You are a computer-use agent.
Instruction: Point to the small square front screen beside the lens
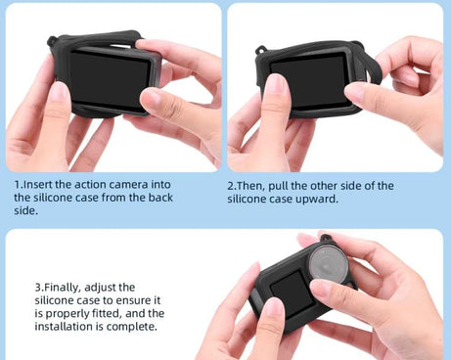tap(284, 289)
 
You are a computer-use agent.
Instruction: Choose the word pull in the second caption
tap(290, 185)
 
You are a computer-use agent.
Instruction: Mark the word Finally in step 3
tap(67, 287)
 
